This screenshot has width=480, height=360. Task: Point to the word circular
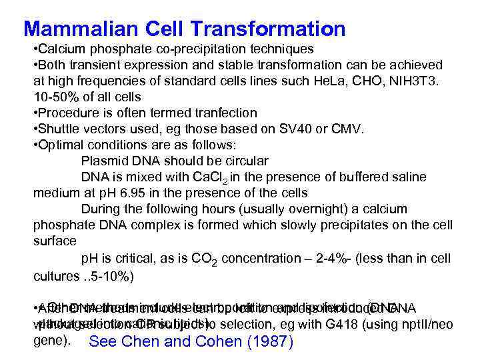(x=238, y=161)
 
